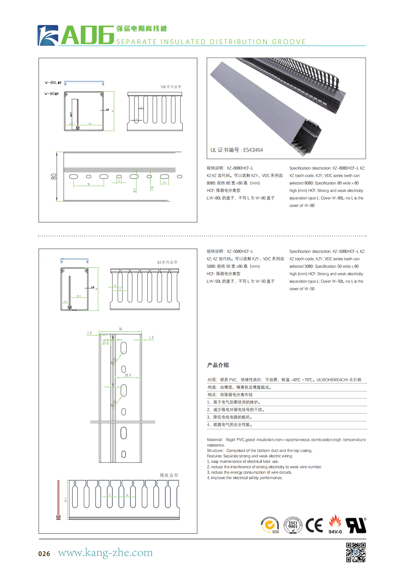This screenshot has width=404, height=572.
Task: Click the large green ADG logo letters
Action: pyautogui.click(x=88, y=35)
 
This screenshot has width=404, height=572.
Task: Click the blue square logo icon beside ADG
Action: pyautogui.click(x=48, y=35)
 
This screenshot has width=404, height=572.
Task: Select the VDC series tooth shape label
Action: pyautogui.click(x=171, y=87)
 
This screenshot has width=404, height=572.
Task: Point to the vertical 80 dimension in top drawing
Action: pyautogui.click(x=54, y=177)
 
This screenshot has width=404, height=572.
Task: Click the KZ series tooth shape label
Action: pyautogui.click(x=167, y=262)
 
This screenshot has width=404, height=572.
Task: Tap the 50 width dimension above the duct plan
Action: pyautogui.click(x=120, y=329)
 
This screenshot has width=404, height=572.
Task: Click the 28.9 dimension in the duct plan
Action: pyautogui.click(x=128, y=375)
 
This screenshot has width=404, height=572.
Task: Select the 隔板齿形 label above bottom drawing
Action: pyautogui.click(x=169, y=475)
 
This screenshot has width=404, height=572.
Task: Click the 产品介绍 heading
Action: pyautogui.click(x=218, y=365)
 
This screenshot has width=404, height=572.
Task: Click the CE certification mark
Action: pyautogui.click(x=314, y=525)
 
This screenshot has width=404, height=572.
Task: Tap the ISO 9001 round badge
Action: pyautogui.click(x=293, y=525)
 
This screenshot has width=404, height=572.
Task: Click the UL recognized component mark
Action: pyautogui.click(x=356, y=525)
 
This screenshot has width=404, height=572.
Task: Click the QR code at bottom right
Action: pyautogui.click(x=356, y=552)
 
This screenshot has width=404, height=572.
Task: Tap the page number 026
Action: pyautogui.click(x=44, y=554)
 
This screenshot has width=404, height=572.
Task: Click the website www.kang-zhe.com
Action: pyautogui.click(x=105, y=553)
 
